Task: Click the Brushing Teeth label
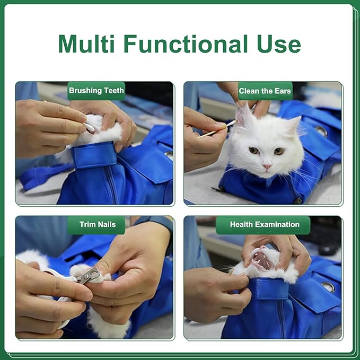tap(96, 91)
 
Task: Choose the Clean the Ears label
tap(265, 91)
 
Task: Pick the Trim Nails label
tap(98, 224)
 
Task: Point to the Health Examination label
tap(265, 224)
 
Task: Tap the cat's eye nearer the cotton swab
tap(254, 151)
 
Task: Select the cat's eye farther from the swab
tap(278, 151)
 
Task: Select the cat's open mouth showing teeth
tap(261, 260)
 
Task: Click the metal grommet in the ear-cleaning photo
tap(321, 130)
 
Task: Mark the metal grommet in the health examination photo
tap(328, 286)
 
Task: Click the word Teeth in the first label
tap(112, 91)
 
